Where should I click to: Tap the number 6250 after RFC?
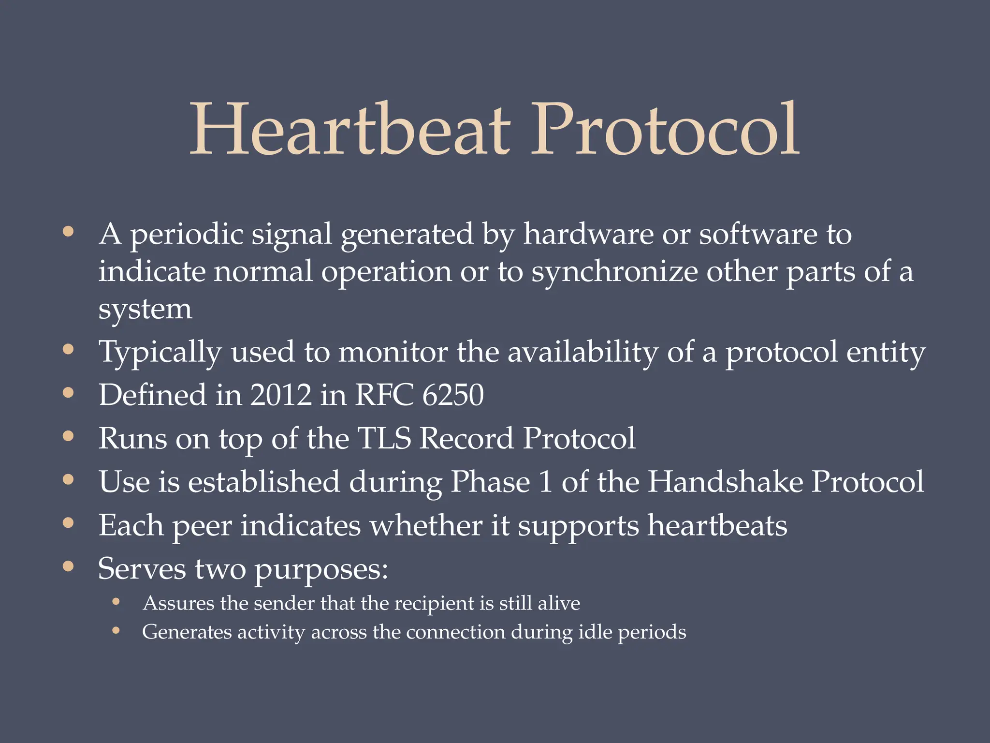click(453, 395)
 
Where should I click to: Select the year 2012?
click(281, 395)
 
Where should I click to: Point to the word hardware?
click(588, 234)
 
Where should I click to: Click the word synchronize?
click(614, 272)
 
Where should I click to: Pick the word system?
click(145, 310)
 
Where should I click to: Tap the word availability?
click(582, 352)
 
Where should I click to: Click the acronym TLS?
click(384, 438)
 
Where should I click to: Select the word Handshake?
click(725, 482)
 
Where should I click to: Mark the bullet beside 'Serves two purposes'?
click(68, 566)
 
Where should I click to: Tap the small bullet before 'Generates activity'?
click(116, 630)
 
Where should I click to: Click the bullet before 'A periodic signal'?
click(68, 231)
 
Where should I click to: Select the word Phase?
click(490, 482)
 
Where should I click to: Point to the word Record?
click(466, 438)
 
